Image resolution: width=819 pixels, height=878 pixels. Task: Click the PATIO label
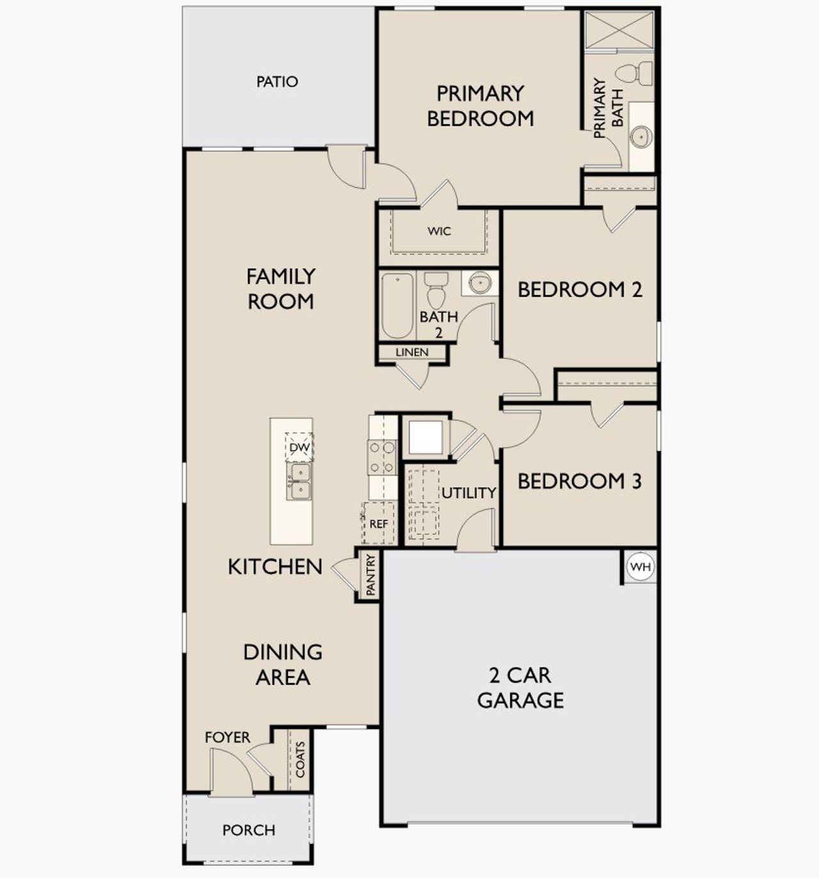(x=277, y=82)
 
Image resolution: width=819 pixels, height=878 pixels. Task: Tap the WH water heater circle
(x=640, y=567)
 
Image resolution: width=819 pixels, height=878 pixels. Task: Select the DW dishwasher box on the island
(x=299, y=447)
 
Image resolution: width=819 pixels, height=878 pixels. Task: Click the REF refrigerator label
(x=379, y=523)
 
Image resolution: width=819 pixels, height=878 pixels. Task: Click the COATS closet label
(x=300, y=760)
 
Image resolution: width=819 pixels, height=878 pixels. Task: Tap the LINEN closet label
(x=412, y=353)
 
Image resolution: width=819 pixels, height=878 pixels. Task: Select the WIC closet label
(x=439, y=231)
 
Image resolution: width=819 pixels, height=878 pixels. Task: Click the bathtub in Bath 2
(x=397, y=305)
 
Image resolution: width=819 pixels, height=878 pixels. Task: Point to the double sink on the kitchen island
(x=299, y=481)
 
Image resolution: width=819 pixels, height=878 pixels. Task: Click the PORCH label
(x=248, y=830)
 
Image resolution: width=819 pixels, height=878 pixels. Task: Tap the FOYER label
(x=227, y=737)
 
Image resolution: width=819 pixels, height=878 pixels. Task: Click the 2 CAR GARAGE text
(x=520, y=687)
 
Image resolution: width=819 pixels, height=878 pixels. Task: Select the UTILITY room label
(x=469, y=493)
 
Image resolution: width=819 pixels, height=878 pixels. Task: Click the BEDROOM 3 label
(x=579, y=481)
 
